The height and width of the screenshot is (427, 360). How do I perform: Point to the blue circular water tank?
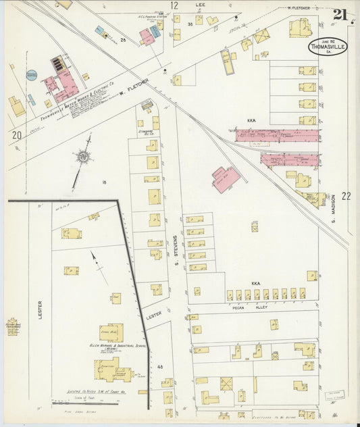(32, 75)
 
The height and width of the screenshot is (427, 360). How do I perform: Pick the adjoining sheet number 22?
(346, 196)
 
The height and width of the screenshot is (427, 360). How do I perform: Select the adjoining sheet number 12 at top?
(174, 5)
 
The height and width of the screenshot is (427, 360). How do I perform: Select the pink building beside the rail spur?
(226, 179)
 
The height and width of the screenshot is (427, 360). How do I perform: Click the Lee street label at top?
(200, 5)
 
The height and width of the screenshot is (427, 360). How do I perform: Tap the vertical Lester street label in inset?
(40, 310)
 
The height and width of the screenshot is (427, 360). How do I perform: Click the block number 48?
(160, 367)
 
